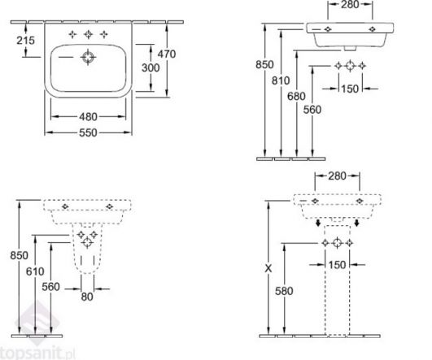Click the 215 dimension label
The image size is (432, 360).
pos(25,41)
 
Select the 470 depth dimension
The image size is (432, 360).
pos(167,54)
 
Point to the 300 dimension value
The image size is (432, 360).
pos(151,67)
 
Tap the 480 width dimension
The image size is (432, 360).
pos(88,117)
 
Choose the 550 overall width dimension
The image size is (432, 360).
pos(88,132)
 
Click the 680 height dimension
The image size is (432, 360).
pos(296,97)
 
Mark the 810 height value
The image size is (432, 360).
pos(281,80)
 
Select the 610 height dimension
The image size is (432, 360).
pos(35,271)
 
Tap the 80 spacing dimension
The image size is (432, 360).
pos(87,297)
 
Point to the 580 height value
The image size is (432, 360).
pos(284,291)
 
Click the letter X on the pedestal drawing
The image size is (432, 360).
pos(268,268)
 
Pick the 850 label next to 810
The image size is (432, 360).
pos(264,65)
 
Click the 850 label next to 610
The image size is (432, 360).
pos(19,255)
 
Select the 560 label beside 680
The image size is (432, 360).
pos(312,110)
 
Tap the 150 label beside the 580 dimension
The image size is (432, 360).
pos(337,265)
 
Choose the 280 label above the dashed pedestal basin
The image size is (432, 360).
pos(337,176)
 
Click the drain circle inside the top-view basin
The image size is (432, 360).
pos(88,57)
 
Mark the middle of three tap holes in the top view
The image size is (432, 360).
pos(88,34)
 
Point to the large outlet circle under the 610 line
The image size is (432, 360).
pos(87,243)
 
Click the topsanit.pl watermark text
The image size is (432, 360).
pos(37,353)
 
